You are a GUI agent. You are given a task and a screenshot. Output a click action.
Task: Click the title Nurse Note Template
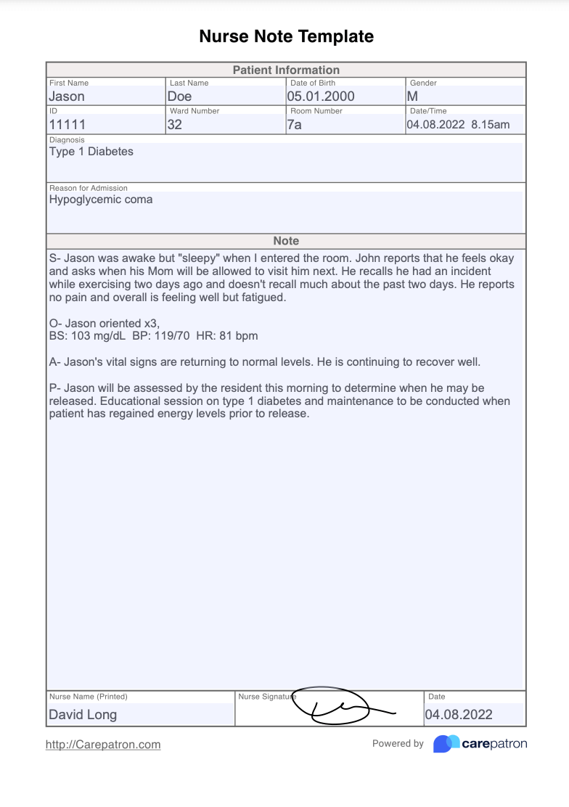(286, 36)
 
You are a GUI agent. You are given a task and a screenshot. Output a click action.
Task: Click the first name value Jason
(67, 96)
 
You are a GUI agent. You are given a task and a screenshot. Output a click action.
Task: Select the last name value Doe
(180, 96)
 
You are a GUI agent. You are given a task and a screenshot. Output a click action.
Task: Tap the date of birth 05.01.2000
(321, 96)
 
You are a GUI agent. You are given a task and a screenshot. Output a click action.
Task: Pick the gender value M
(412, 96)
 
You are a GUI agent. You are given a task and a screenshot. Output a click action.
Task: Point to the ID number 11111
(67, 124)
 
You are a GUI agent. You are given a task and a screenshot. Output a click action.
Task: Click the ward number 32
(175, 124)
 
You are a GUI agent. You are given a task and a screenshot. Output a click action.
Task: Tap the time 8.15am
(490, 124)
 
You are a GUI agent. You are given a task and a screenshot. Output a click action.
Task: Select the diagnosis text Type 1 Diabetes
(91, 152)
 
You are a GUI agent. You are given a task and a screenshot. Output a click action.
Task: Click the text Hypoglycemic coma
(101, 199)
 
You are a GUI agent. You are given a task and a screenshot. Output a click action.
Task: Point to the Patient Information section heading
(286, 70)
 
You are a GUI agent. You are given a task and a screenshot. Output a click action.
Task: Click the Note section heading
(286, 240)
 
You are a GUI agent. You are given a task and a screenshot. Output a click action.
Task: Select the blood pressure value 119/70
(172, 336)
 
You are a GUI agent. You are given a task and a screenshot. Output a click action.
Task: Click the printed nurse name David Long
(83, 714)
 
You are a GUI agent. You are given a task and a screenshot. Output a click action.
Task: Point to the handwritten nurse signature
(341, 706)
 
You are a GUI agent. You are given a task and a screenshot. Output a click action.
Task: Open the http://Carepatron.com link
(103, 745)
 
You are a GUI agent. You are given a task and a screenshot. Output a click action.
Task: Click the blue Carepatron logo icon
(446, 744)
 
